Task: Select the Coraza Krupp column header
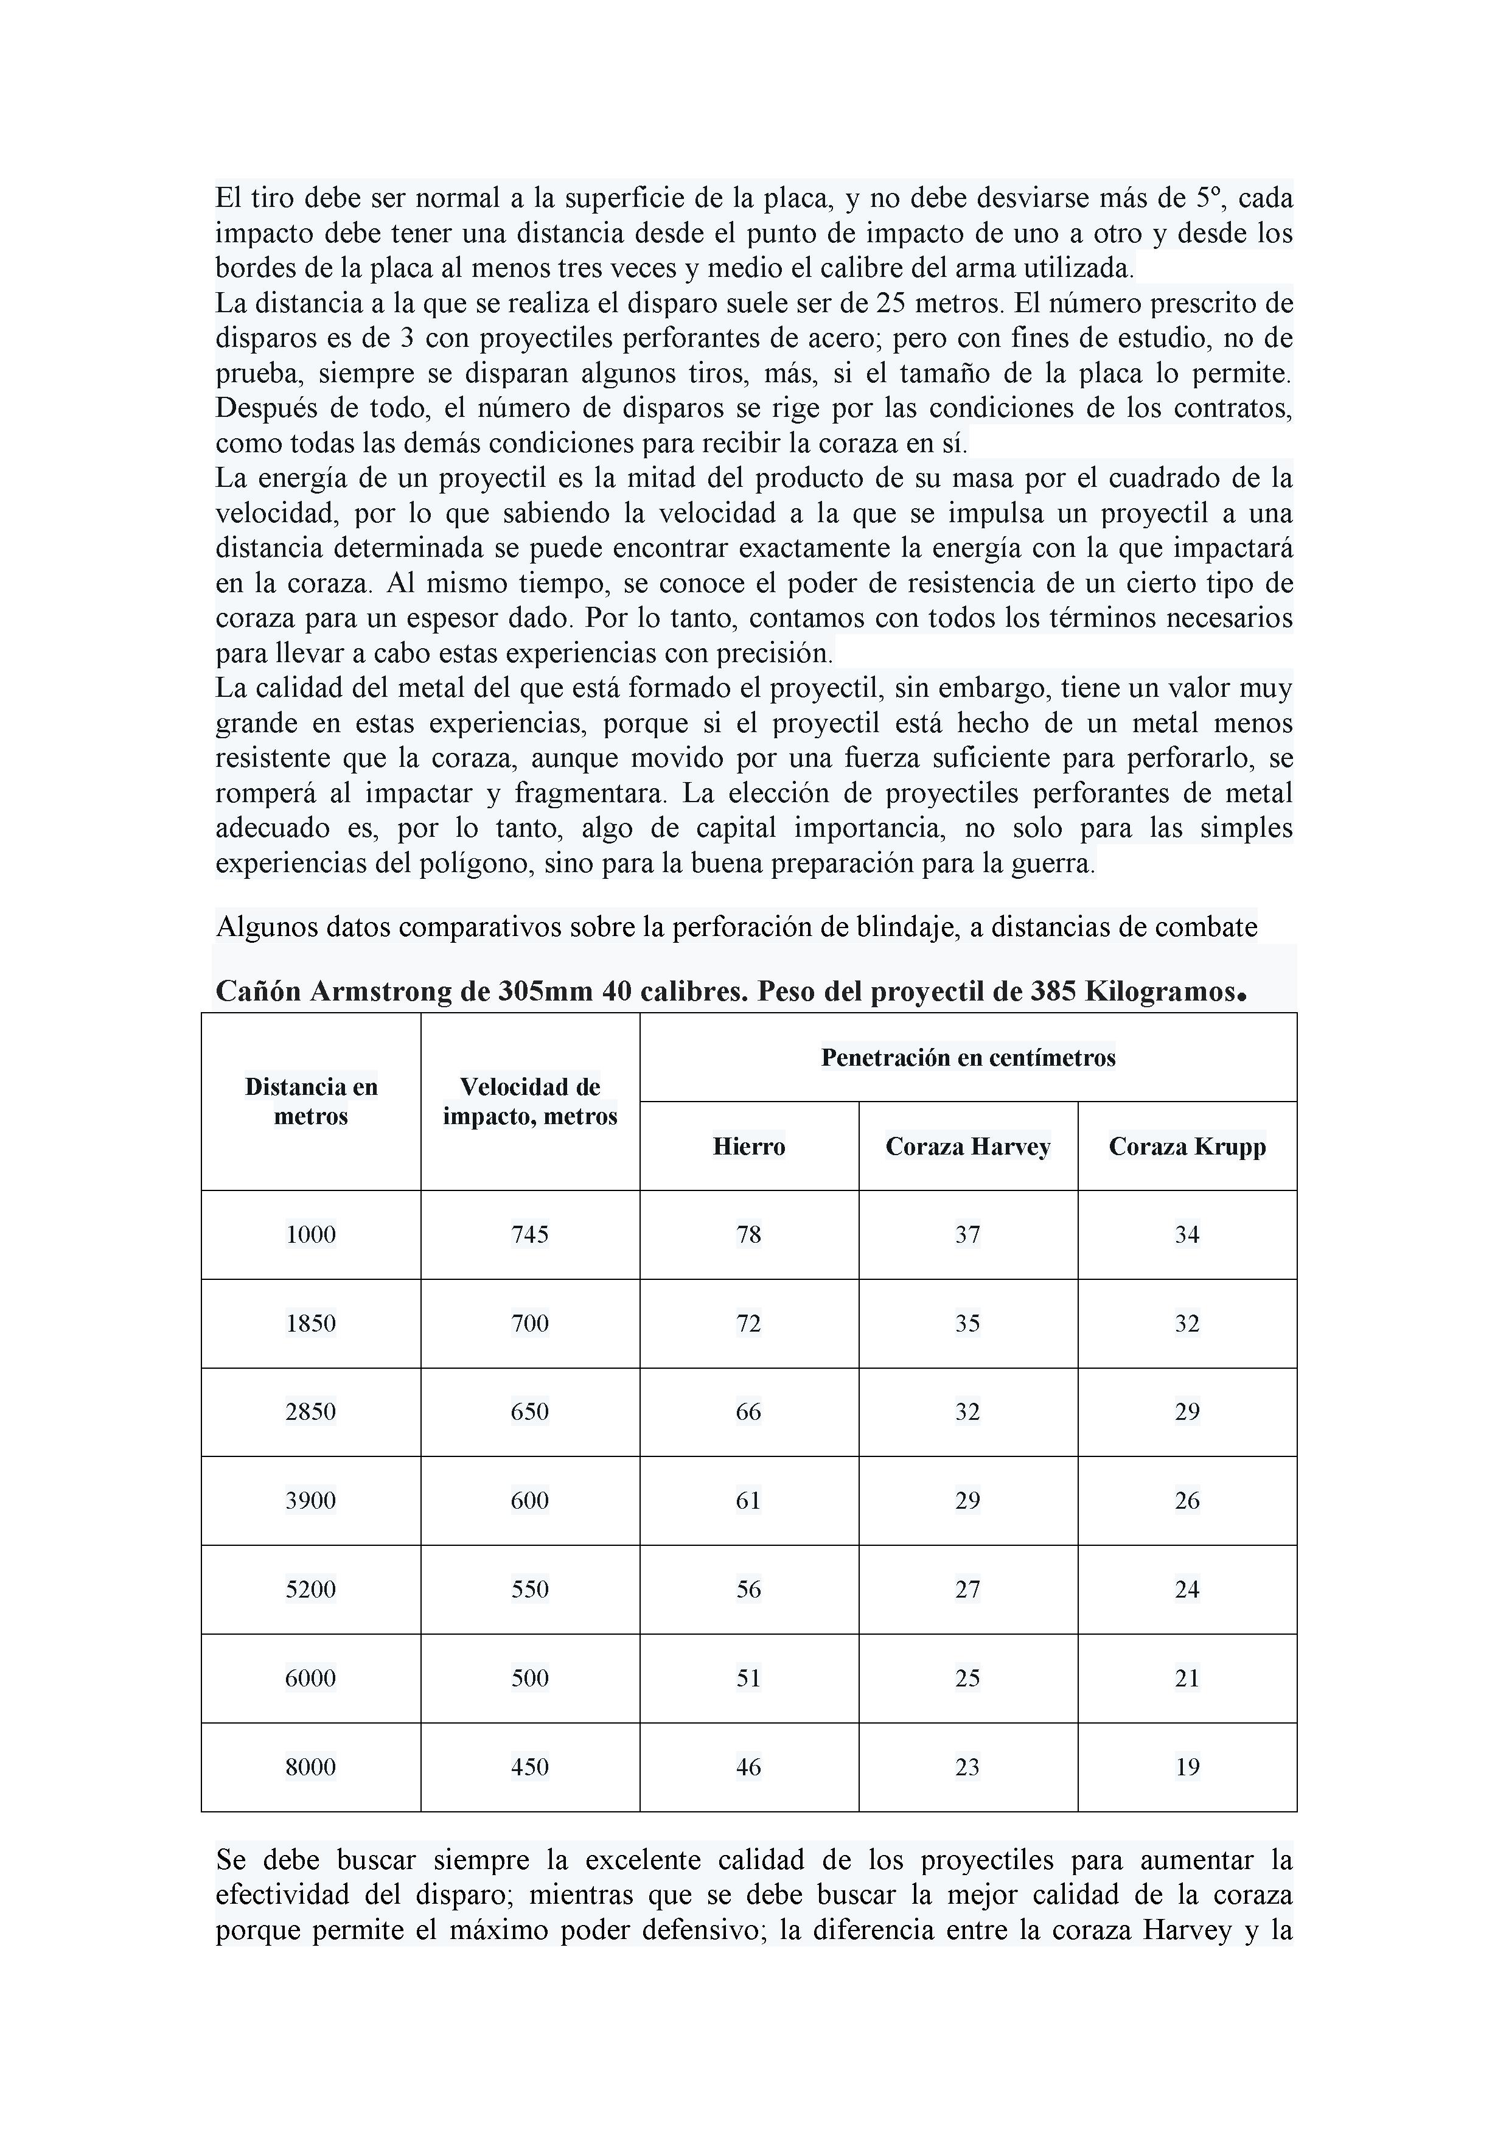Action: pos(1187,1147)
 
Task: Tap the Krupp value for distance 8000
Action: pos(1187,1767)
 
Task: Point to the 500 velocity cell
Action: pos(530,1677)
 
